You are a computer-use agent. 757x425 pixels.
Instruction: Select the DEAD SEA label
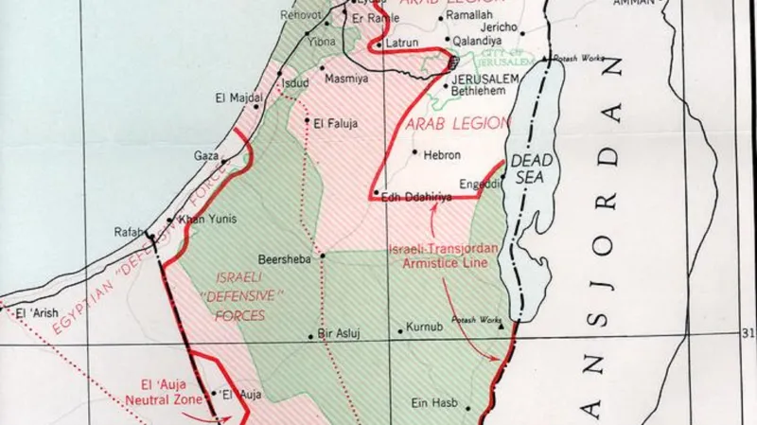pos(531,169)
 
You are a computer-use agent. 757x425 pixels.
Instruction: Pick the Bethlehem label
pos(483,92)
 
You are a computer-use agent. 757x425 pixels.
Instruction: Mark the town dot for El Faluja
pos(307,121)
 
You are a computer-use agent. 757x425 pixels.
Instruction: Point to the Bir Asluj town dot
pos(311,335)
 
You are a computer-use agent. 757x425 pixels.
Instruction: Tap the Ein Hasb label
pos(434,403)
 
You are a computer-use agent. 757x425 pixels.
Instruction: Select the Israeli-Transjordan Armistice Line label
pos(437,257)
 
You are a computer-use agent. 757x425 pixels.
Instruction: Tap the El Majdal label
pos(235,97)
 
